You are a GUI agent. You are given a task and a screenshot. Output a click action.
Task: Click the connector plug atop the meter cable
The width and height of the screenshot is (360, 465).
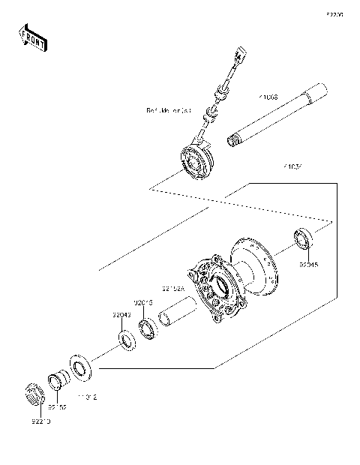pos(239,55)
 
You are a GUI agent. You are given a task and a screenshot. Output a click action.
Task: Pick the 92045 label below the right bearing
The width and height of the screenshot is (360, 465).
pos(308,264)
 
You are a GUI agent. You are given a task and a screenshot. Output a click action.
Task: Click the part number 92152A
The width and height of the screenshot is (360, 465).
pos(172,288)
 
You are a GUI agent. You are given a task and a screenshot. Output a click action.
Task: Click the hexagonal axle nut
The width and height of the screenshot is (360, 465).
pos(33,394)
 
